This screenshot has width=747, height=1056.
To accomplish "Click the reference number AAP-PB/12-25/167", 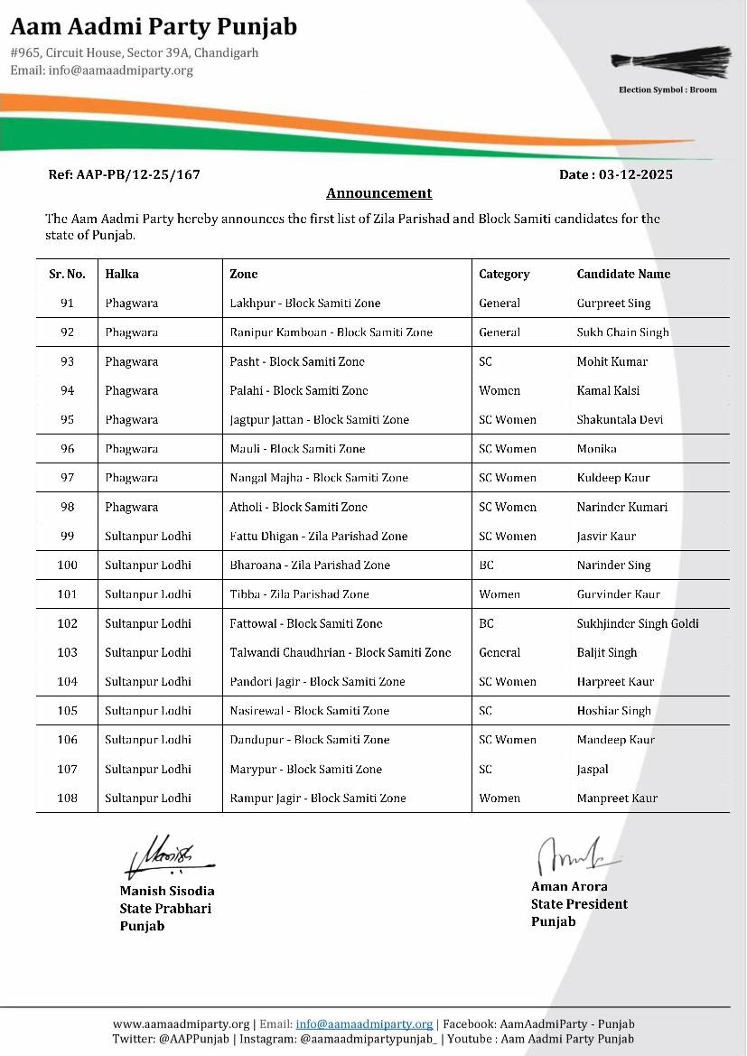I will point(124,174).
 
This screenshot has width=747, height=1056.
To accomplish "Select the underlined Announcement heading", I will point(378,193).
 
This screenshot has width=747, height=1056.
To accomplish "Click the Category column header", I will point(504,274).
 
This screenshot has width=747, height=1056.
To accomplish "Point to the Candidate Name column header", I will point(623,274).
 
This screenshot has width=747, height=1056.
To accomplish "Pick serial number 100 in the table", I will point(67,565).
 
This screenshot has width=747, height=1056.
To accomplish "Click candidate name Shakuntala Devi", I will point(620,419).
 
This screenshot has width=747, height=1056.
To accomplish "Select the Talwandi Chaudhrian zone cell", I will point(340,652).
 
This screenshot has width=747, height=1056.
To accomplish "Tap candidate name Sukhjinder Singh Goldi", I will point(638,623).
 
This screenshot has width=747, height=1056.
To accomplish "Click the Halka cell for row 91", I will point(131,303).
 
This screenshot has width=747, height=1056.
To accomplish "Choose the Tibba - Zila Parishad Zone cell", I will point(299,594).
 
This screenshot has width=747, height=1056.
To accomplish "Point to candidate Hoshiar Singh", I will point(613,710).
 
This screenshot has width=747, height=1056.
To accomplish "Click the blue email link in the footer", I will point(364,1023).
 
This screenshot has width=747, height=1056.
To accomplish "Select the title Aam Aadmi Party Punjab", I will point(154,27).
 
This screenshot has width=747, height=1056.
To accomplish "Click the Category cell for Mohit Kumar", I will point(485,361).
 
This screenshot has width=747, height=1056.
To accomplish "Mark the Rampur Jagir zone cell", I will point(317,798).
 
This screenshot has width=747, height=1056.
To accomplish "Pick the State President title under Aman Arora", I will point(579,903).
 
